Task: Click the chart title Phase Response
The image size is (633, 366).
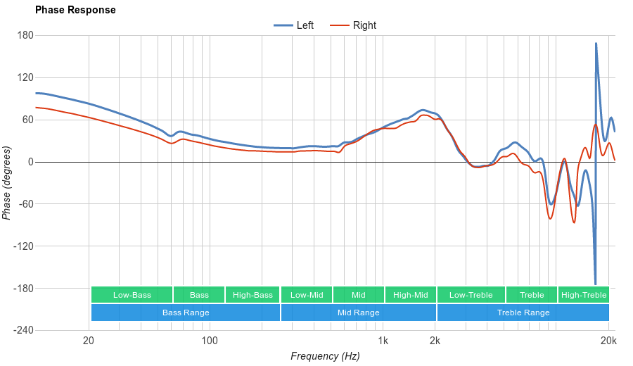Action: point(75,10)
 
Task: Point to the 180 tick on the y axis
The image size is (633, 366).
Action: point(25,35)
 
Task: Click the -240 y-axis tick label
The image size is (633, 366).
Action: point(23,330)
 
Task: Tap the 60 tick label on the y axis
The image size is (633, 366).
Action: point(27,120)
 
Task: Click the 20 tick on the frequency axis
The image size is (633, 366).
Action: point(89,341)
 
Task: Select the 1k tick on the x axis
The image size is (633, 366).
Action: point(383,341)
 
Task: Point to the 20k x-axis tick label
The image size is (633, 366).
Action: point(608,341)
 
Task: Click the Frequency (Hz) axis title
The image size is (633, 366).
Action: point(325,356)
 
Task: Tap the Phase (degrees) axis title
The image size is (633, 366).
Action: point(7,183)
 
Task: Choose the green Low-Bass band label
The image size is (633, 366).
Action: point(132,295)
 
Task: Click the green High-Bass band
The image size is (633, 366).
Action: point(252,295)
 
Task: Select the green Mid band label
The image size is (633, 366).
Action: point(359,295)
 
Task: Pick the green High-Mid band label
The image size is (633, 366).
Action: point(410,295)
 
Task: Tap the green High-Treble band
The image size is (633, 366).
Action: point(584,295)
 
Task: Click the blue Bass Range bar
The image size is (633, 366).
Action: point(186,313)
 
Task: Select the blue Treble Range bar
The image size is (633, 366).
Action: point(523,313)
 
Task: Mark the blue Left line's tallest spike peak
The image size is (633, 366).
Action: point(596,44)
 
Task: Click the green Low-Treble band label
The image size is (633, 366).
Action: point(471,295)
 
